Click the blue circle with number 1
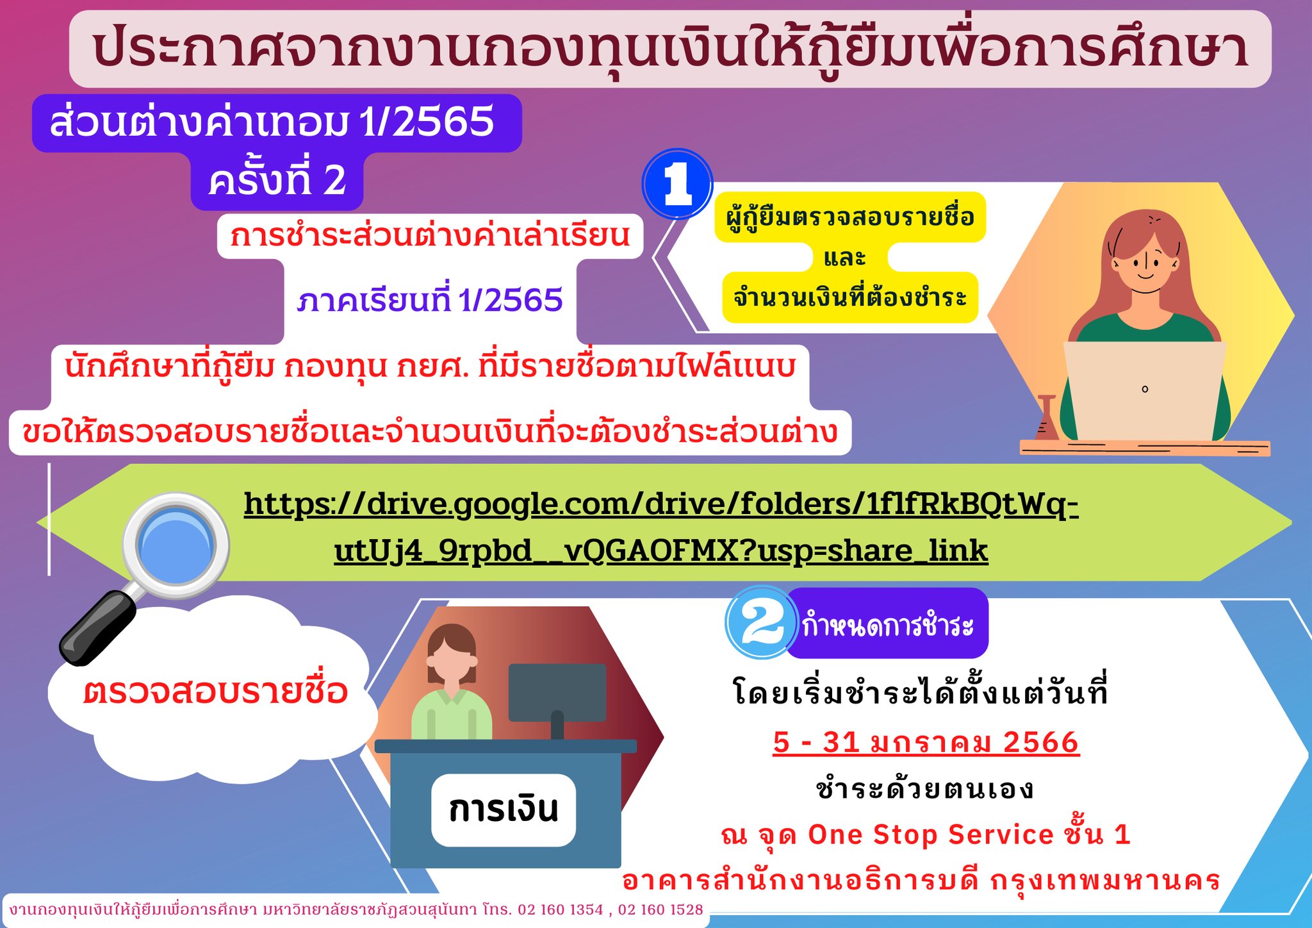(x=677, y=184)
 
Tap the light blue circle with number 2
(x=760, y=622)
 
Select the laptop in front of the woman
(x=1144, y=391)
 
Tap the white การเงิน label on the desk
(x=504, y=809)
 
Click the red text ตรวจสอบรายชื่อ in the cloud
(x=215, y=691)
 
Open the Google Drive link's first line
(x=661, y=504)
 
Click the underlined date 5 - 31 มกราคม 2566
(x=926, y=742)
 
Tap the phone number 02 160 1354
(x=561, y=909)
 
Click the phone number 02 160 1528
(x=660, y=909)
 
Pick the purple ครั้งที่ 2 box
(x=277, y=180)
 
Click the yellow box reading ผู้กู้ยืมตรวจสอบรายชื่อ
(x=850, y=217)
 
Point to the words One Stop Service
(x=931, y=834)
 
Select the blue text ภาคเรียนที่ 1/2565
(x=430, y=300)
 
